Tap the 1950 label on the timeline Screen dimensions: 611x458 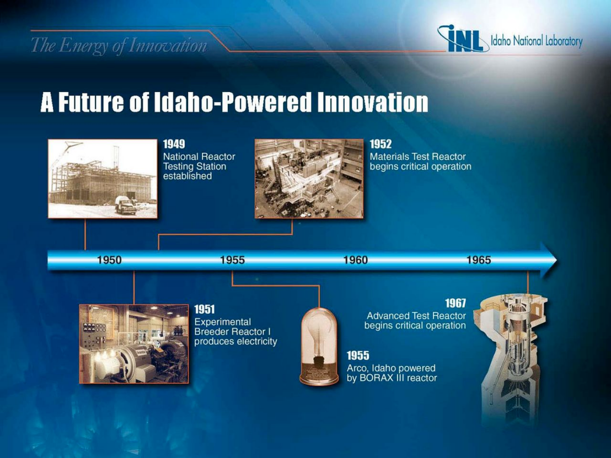click(x=109, y=260)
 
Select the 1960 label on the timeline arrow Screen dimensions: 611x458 click(x=355, y=260)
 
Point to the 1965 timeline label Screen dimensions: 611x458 click(x=479, y=260)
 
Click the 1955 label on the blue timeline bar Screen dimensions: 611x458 click(x=232, y=260)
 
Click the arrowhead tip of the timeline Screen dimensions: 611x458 click(x=557, y=260)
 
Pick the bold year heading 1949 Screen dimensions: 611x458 click(x=174, y=144)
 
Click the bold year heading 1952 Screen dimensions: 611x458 click(x=380, y=144)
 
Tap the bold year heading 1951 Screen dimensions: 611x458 click(x=205, y=309)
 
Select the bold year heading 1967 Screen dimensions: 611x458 click(x=455, y=303)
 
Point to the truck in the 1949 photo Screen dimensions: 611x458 click(x=126, y=205)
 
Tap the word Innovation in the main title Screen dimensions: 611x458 click(x=373, y=102)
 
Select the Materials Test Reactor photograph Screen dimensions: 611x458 click(x=309, y=179)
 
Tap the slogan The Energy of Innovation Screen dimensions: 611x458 click(x=119, y=46)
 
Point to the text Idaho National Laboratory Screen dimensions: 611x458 click(x=537, y=41)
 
